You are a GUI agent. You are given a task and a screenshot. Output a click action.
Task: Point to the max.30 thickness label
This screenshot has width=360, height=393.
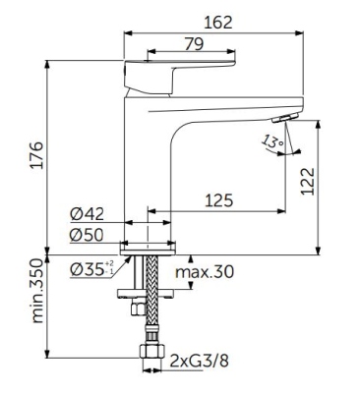205,272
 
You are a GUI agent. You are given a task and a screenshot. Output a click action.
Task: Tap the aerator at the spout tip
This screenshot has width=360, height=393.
284,118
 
